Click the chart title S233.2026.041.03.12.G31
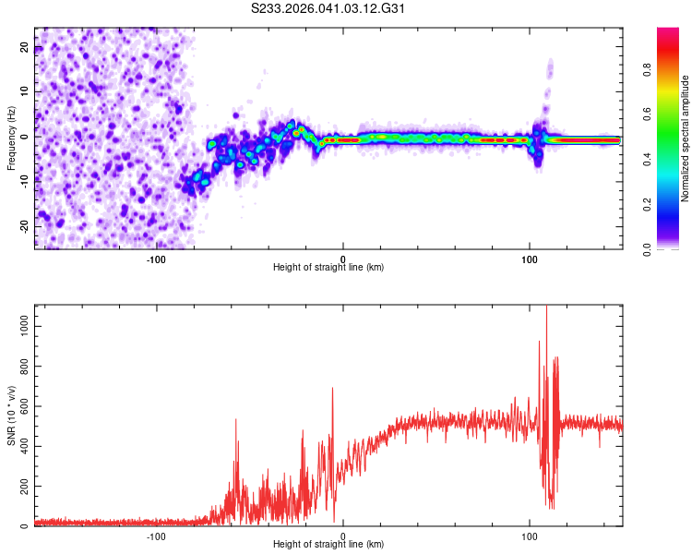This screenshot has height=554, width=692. [328, 8]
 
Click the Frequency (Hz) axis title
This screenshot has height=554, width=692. [12, 138]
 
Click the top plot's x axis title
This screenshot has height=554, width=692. [328, 268]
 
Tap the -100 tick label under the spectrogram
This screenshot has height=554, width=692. [156, 259]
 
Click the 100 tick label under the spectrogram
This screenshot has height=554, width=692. [530, 259]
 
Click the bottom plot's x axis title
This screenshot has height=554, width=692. [328, 545]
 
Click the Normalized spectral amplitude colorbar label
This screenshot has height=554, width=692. [686, 138]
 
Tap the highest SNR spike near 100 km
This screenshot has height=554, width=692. [546, 307]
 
